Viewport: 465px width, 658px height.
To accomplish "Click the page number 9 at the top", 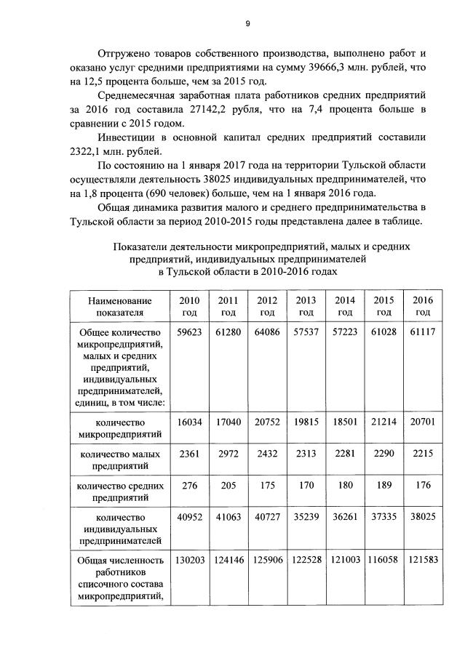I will (247, 24).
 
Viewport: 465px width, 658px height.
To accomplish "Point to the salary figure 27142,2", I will (215, 109).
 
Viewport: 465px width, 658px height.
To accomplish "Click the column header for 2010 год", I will (188, 306).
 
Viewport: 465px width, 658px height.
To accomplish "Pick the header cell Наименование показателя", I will (120, 306).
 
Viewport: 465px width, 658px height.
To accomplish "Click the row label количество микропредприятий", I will (120, 428).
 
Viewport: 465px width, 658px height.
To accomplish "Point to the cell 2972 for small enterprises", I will (228, 454).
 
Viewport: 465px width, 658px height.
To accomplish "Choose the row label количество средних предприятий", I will (120, 492).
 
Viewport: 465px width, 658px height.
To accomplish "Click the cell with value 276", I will (188, 485).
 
